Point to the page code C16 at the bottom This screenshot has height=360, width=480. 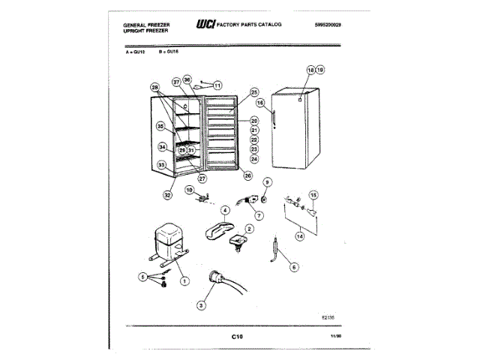click(x=238, y=337)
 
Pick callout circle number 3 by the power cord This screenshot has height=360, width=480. click(x=200, y=305)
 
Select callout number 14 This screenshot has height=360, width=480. click(x=299, y=236)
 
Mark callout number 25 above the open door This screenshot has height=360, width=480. click(x=253, y=91)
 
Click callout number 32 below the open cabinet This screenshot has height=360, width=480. click(x=167, y=195)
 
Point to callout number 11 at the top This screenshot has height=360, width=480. click(x=217, y=85)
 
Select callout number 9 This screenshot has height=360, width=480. click(x=267, y=181)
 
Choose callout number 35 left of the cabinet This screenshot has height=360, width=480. click(x=160, y=127)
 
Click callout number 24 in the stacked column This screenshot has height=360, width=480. click(x=253, y=159)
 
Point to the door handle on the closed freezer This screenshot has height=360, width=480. click(x=276, y=118)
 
